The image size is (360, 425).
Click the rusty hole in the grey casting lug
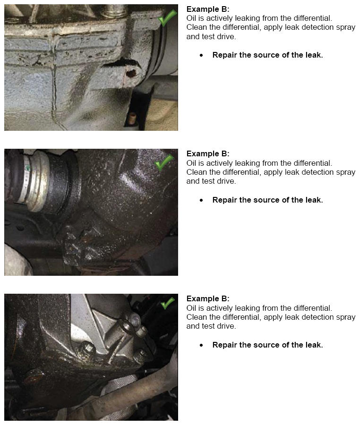click(131, 73)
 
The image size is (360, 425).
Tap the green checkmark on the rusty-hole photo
click(167, 18)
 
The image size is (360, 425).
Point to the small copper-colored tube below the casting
click(132, 118)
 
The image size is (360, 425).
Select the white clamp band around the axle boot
click(27, 181)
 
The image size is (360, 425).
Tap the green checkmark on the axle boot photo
click(164, 162)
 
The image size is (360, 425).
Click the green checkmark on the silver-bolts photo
click(167, 303)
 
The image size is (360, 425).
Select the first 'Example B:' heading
click(208, 9)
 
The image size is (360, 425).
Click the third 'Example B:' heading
click(208, 298)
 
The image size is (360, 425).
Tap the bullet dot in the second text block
click(201, 200)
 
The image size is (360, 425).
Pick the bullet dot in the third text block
click(201, 345)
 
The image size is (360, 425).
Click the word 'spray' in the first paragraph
click(346, 27)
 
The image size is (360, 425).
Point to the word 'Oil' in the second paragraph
click(191, 163)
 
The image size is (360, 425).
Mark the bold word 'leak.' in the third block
click(314, 345)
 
